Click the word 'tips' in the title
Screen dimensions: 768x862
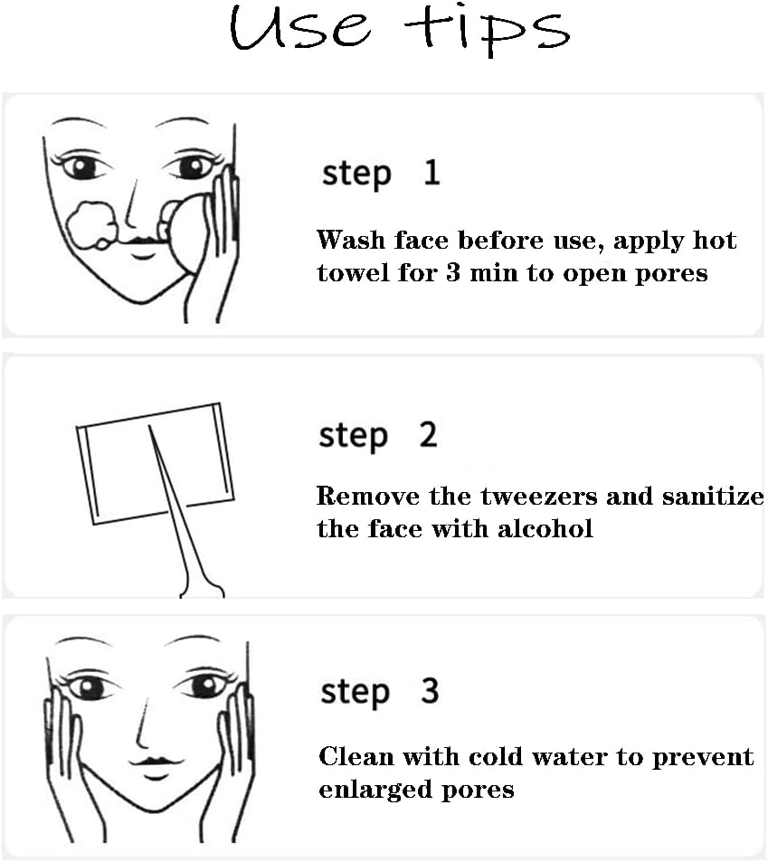(x=487, y=29)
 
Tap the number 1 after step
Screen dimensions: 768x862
(x=432, y=172)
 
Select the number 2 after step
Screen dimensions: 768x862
(x=428, y=434)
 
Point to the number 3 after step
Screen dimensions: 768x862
(x=430, y=690)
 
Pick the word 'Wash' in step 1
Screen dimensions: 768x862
(x=351, y=241)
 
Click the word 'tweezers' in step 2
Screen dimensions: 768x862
(x=539, y=497)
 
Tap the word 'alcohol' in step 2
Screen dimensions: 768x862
(x=545, y=529)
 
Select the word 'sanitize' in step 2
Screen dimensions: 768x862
(x=713, y=496)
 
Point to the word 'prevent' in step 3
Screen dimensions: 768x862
(x=703, y=758)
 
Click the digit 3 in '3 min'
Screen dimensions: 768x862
(x=453, y=272)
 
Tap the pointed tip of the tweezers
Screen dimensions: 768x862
(x=149, y=427)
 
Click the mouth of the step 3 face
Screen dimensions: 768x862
(x=156, y=767)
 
